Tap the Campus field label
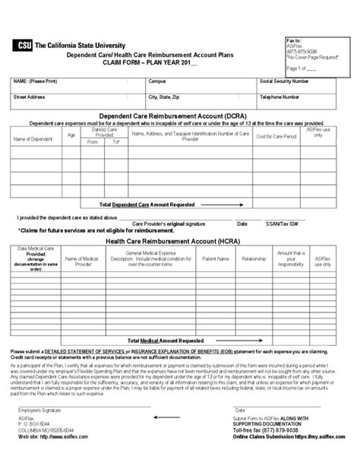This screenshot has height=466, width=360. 157,80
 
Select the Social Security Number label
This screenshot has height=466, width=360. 284,80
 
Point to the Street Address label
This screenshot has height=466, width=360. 28,97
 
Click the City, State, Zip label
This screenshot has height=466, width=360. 164,97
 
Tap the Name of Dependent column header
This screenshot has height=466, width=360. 31,138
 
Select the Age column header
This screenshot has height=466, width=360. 71,134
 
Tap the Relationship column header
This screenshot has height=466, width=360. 253,258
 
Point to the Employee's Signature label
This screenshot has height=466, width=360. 39,430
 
